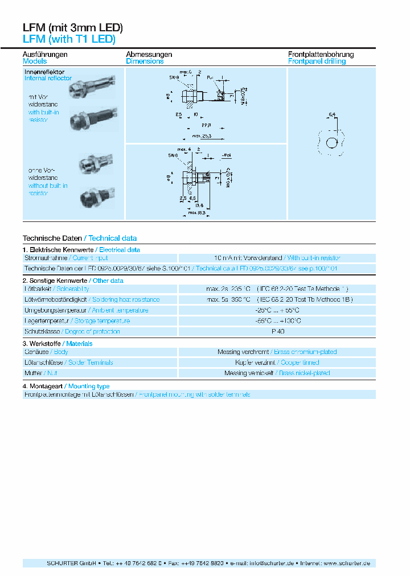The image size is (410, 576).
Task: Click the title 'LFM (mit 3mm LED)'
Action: [72, 27]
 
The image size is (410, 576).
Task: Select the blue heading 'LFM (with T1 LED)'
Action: [69, 39]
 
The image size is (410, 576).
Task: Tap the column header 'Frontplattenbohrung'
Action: [321, 55]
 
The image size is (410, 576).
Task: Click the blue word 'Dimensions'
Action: [145, 61]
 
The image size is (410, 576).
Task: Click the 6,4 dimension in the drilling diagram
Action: [331, 116]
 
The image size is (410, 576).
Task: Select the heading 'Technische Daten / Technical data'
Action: [80, 238]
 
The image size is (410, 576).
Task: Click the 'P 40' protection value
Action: [278, 331]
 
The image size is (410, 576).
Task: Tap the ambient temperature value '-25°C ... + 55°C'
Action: [277, 310]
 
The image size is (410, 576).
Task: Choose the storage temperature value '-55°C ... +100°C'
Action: [277, 321]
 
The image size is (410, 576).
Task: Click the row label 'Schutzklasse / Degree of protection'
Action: [71, 331]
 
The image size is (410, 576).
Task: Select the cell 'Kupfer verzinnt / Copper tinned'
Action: [277, 363]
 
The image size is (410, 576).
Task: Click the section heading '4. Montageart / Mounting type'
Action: [66, 386]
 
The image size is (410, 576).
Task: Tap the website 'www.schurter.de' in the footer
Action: [347, 563]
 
